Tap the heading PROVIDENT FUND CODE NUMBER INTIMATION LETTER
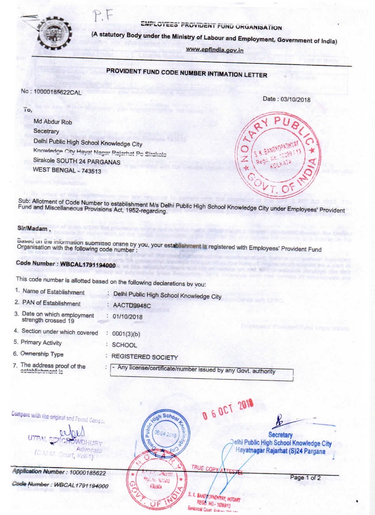[x=187, y=75]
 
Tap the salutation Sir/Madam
[x=33, y=229]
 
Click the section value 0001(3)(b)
[x=124, y=333]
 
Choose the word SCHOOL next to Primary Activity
[x=121, y=345]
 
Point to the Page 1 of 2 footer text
[x=306, y=478]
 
